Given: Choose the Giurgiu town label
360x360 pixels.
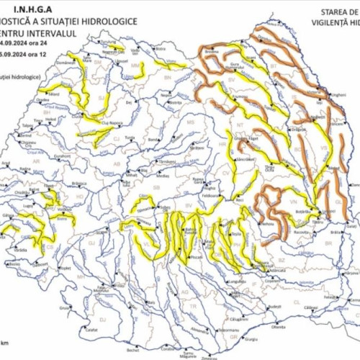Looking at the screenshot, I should point(251,338).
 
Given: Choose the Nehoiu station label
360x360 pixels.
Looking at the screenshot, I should point(268,224).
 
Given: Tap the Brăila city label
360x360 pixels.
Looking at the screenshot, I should point(333,233).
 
